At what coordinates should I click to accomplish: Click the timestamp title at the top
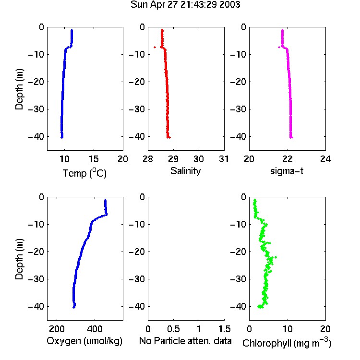[185, 5]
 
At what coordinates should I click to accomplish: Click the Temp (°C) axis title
[84, 173]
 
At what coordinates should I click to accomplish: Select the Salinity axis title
[185, 171]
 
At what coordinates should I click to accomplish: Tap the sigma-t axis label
[287, 171]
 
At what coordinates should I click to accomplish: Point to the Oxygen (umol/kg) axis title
[84, 341]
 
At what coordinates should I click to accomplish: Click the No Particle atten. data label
[185, 341]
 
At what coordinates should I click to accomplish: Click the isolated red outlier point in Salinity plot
[155, 48]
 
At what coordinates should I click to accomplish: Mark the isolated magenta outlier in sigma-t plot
[279, 48]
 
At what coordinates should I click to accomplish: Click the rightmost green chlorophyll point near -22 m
[276, 257]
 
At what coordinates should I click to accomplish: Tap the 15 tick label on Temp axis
[94, 159]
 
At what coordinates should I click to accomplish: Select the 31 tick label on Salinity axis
[224, 159]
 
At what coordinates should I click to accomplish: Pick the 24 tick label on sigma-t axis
[325, 159]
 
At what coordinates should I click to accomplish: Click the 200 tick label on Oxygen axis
[57, 329]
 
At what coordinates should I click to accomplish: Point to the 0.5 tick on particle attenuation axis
[173, 329]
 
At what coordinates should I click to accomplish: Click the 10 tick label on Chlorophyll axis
[288, 329]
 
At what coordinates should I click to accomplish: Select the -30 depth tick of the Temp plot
[36, 109]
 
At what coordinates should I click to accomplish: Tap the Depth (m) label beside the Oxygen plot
[19, 259]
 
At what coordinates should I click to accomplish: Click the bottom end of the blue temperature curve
[62, 137]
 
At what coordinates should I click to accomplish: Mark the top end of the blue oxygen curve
[105, 200]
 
